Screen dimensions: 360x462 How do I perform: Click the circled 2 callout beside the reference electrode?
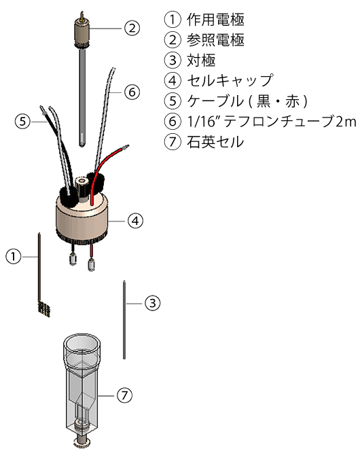132,28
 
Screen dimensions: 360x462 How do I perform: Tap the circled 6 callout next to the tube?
132,92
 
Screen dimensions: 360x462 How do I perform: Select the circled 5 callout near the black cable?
22,121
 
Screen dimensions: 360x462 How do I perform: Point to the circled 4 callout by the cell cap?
135,220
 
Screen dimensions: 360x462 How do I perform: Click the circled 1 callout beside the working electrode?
14,257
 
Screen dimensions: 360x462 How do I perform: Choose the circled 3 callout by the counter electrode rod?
153,303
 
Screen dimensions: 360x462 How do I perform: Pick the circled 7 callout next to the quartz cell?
124,395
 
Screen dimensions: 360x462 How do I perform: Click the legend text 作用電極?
215,20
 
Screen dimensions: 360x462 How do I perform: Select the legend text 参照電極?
215,40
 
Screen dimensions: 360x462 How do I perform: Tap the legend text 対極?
201,60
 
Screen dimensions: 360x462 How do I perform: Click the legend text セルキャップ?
230,80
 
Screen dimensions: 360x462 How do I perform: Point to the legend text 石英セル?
215,142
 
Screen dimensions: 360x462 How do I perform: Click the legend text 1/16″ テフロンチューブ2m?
272,122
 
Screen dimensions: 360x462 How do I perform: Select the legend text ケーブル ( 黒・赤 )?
247,101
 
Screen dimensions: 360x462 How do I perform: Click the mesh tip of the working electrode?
44,308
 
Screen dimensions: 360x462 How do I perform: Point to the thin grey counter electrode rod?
124,320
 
